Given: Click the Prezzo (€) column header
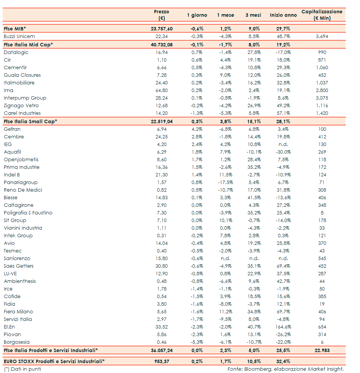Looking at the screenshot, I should pos(162,15).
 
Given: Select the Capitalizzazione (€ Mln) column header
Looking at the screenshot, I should pos(322,15).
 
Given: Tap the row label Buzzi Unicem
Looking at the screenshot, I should pos(19,37).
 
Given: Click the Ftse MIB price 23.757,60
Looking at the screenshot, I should pos(162,29).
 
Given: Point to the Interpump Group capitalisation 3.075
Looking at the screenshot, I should pos(322,98).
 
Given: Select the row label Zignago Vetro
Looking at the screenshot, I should pos(21,106).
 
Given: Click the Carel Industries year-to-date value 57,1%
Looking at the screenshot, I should pos(284,113).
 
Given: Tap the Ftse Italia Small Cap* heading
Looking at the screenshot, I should pos(30,121).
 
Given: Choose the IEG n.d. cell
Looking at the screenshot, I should pos(284,144).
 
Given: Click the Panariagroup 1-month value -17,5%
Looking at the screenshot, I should pos(225,183).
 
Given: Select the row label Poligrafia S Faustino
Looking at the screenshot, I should pos(28,213).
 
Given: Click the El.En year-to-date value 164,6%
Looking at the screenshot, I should pos(284,327).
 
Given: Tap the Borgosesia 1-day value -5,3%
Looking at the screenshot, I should pos(197,342).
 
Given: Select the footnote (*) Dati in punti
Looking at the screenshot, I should pos(22,369).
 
